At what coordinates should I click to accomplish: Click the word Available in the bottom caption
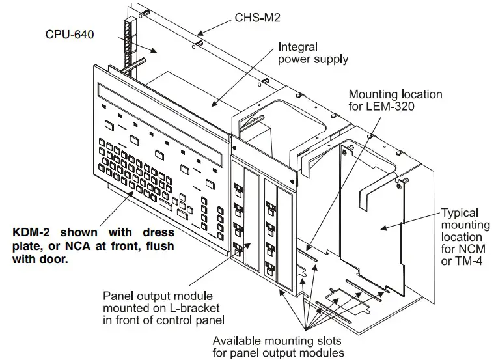[238, 340]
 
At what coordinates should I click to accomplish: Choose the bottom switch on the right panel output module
[269, 267]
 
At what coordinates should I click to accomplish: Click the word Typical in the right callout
[459, 213]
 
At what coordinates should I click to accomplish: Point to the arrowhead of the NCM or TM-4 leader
[383, 227]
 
